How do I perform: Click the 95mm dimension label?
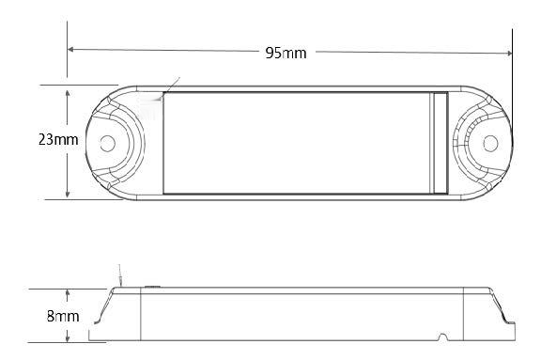pos(286,52)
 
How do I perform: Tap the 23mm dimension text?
pos(33,139)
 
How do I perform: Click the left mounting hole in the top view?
pos(107,143)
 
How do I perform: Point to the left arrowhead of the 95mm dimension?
pos(71,49)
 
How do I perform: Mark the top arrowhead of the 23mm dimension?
pos(68,90)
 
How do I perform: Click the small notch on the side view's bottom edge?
pos(441,337)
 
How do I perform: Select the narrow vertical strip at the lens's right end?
pos(439,143)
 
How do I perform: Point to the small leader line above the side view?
pos(119,275)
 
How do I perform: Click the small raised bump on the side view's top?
pos(152,283)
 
